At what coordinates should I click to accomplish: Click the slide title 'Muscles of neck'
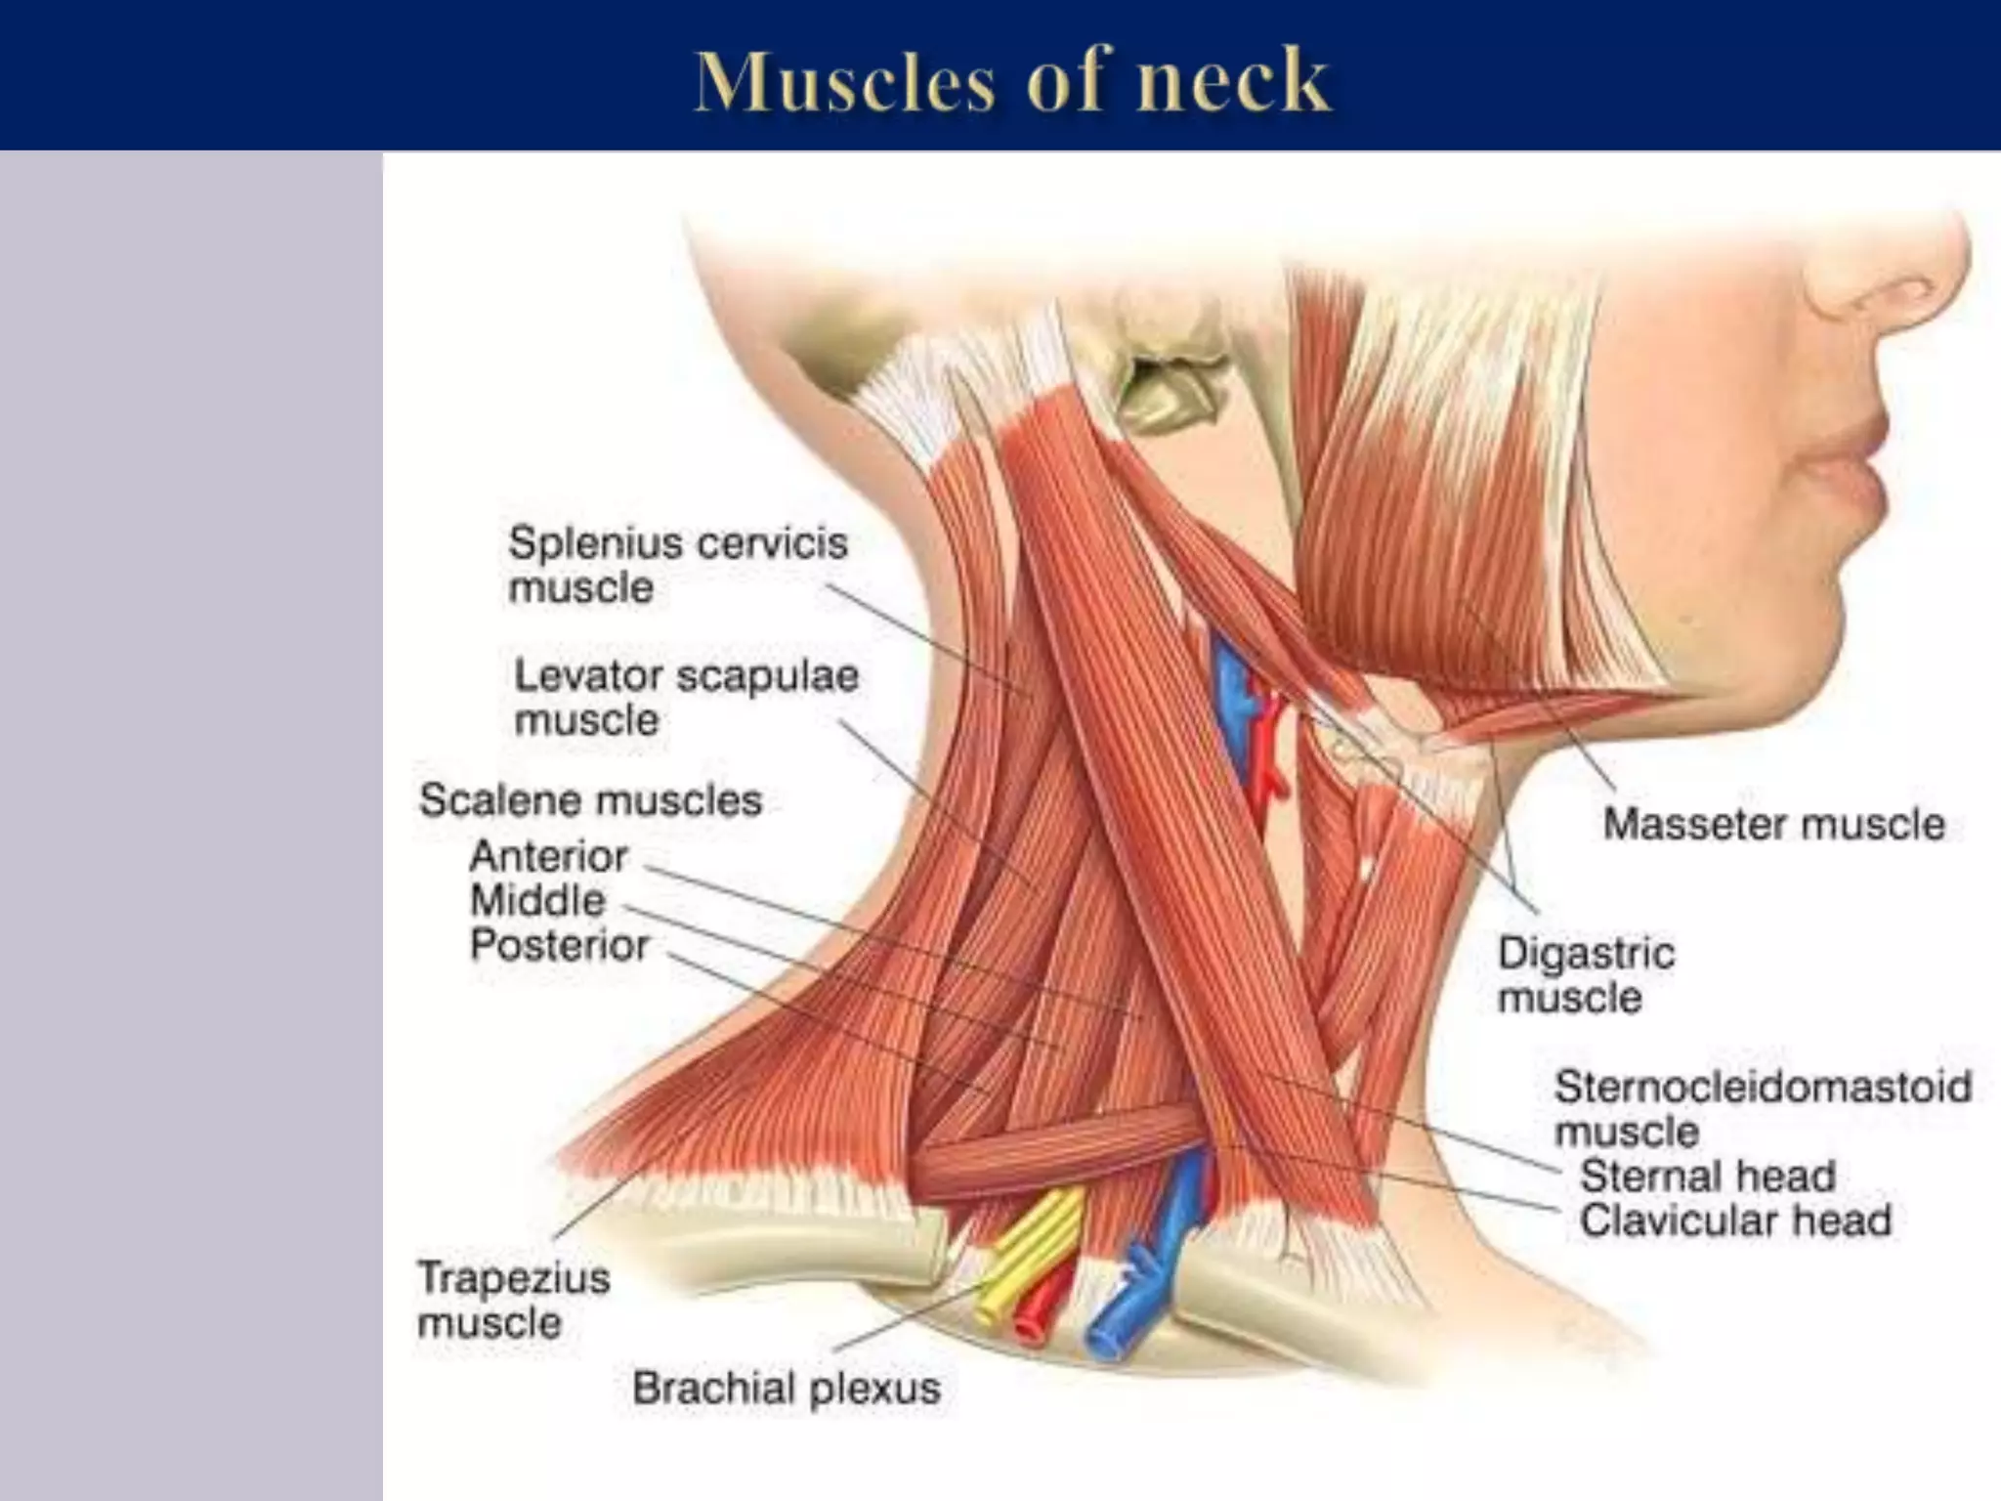pyautogui.click(x=1011, y=80)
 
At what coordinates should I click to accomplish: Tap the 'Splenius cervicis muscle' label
pyautogui.click(x=677, y=565)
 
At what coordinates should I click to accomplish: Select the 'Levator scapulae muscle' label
pyautogui.click(x=686, y=698)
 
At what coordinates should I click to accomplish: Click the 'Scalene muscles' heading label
pyautogui.click(x=590, y=800)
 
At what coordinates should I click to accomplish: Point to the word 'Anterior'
pyautogui.click(x=548, y=857)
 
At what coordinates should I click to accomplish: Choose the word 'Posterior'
pyautogui.click(x=559, y=945)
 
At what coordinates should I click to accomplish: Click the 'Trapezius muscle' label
pyautogui.click(x=513, y=1300)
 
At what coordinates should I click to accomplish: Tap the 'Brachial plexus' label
pyautogui.click(x=786, y=1389)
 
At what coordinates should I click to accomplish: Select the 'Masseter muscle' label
pyautogui.click(x=1773, y=824)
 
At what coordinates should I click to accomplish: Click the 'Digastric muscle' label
pyautogui.click(x=1585, y=975)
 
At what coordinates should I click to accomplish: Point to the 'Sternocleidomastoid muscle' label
pyautogui.click(x=1762, y=1108)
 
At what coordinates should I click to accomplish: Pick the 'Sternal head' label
pyautogui.click(x=1707, y=1176)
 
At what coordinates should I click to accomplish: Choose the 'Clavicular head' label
pyautogui.click(x=1735, y=1221)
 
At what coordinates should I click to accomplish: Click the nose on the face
pyautogui.click(x=1905, y=283)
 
